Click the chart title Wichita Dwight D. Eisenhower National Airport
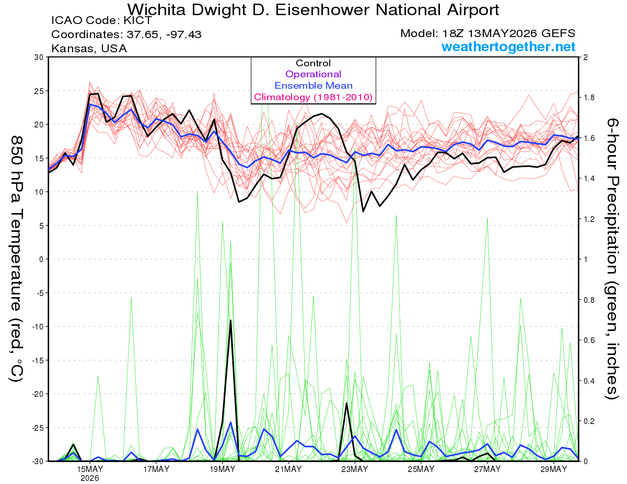pos(313,10)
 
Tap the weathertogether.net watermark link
pos(508,46)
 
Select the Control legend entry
pos(313,63)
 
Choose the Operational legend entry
pos(313,74)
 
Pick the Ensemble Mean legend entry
pos(313,86)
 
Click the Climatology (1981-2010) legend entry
pos(313,97)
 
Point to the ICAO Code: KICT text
pos(101,20)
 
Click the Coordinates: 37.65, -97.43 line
pos(126,34)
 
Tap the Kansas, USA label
pos(89,49)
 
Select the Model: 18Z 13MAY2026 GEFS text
pos(487,33)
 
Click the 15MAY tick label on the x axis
pos(90,469)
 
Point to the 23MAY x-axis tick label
pos(355,469)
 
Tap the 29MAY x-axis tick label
pos(554,469)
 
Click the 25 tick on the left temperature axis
pos(39,91)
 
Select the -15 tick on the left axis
pos(38,360)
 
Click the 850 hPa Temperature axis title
pos(17,259)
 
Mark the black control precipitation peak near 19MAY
pos(230,320)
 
